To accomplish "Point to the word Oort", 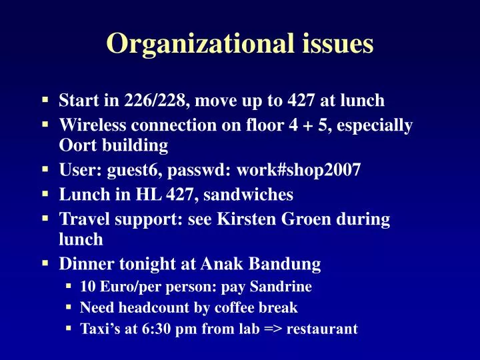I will pos(76,145).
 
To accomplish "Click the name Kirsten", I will pos(246,219).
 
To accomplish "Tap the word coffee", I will pos(237,308).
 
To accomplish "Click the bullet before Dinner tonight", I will pos(45,263).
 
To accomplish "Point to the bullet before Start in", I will pos(45,99).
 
